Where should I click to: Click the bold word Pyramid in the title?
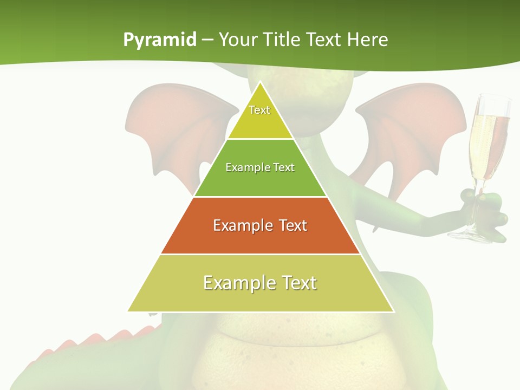point(160,40)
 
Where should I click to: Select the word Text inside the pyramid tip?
point(259,110)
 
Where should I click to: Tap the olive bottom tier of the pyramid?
point(260,298)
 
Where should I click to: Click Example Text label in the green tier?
point(260,167)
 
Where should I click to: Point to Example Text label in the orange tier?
point(260,225)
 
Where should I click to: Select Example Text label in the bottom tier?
point(260,283)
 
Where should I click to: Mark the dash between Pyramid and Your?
point(207,40)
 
